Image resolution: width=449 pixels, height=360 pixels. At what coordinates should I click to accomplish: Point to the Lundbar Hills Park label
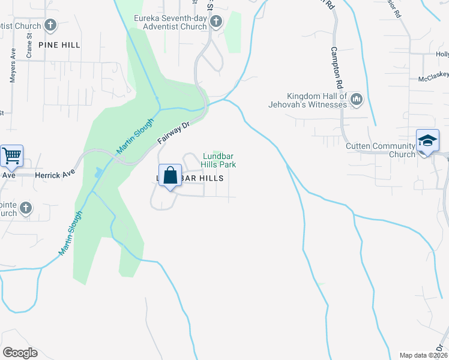tap(219, 160)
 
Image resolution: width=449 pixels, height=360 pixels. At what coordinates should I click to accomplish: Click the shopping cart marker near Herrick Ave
tap(12, 156)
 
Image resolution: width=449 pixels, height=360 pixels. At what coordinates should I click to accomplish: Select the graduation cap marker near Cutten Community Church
tap(428, 140)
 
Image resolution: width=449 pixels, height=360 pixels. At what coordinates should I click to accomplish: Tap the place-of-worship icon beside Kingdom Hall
tap(356, 99)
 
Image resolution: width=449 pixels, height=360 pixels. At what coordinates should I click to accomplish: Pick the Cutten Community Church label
tap(381, 150)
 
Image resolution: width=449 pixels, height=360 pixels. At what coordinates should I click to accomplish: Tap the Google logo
tap(20, 353)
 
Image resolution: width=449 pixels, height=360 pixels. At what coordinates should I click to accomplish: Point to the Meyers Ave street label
tap(13, 69)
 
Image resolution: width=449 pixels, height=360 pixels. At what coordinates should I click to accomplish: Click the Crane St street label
tap(29, 46)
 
